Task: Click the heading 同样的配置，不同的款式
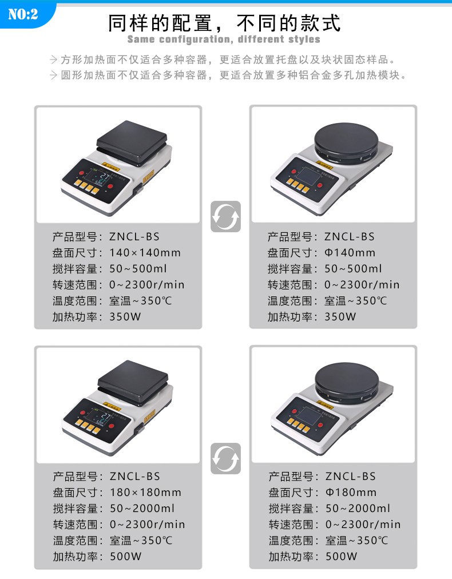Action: pyautogui.click(x=224, y=23)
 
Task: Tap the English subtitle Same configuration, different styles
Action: pyautogui.click(x=224, y=39)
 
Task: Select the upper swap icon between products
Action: pyautogui.click(x=225, y=216)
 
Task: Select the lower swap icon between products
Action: pyautogui.click(x=225, y=458)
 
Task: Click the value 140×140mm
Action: pyautogui.click(x=145, y=252)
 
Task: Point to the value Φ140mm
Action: pyautogui.click(x=350, y=252)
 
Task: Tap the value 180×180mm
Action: pyautogui.click(x=145, y=492)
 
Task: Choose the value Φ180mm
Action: pyautogui.click(x=351, y=492)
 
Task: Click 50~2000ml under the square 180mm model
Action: pyautogui.click(x=142, y=508)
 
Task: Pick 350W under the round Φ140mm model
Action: pyautogui.click(x=340, y=316)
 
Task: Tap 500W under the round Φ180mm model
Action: pyautogui.click(x=342, y=556)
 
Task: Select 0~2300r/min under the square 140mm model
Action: pyautogui.click(x=147, y=284)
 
